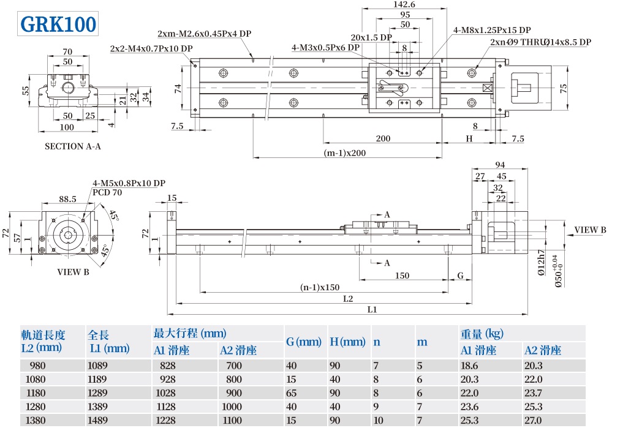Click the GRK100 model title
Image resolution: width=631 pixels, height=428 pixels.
58,24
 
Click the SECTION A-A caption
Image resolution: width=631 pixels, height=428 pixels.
73,146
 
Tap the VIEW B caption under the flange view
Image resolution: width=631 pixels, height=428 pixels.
73,272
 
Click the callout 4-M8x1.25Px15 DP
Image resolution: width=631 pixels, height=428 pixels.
492,30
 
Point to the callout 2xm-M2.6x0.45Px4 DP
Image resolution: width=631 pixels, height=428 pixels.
204,34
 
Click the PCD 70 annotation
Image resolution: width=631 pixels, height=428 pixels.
107,192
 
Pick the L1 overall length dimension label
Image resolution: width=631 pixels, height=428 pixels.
372,310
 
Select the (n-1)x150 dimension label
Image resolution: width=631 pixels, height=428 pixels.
320,287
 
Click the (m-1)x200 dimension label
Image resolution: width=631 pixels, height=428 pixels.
345,153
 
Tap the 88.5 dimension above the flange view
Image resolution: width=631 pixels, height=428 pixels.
67,199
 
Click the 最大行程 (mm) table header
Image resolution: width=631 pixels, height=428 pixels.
190,334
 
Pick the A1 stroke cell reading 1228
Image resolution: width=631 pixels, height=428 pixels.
167,420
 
